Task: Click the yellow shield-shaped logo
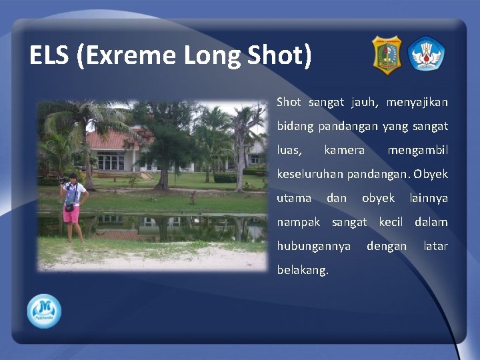pyautogui.click(x=387, y=55)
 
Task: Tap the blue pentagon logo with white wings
pyautogui.click(x=427, y=54)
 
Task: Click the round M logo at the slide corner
pyautogui.click(x=44, y=311)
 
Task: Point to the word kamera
pyautogui.click(x=344, y=150)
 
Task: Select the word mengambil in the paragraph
pyautogui.click(x=417, y=150)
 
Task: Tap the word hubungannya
pyautogui.click(x=314, y=246)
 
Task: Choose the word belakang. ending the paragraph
pyautogui.click(x=303, y=270)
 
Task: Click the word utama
pyautogui.click(x=294, y=198)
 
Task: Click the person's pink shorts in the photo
pyautogui.click(x=71, y=213)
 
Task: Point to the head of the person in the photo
pyautogui.click(x=73, y=177)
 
